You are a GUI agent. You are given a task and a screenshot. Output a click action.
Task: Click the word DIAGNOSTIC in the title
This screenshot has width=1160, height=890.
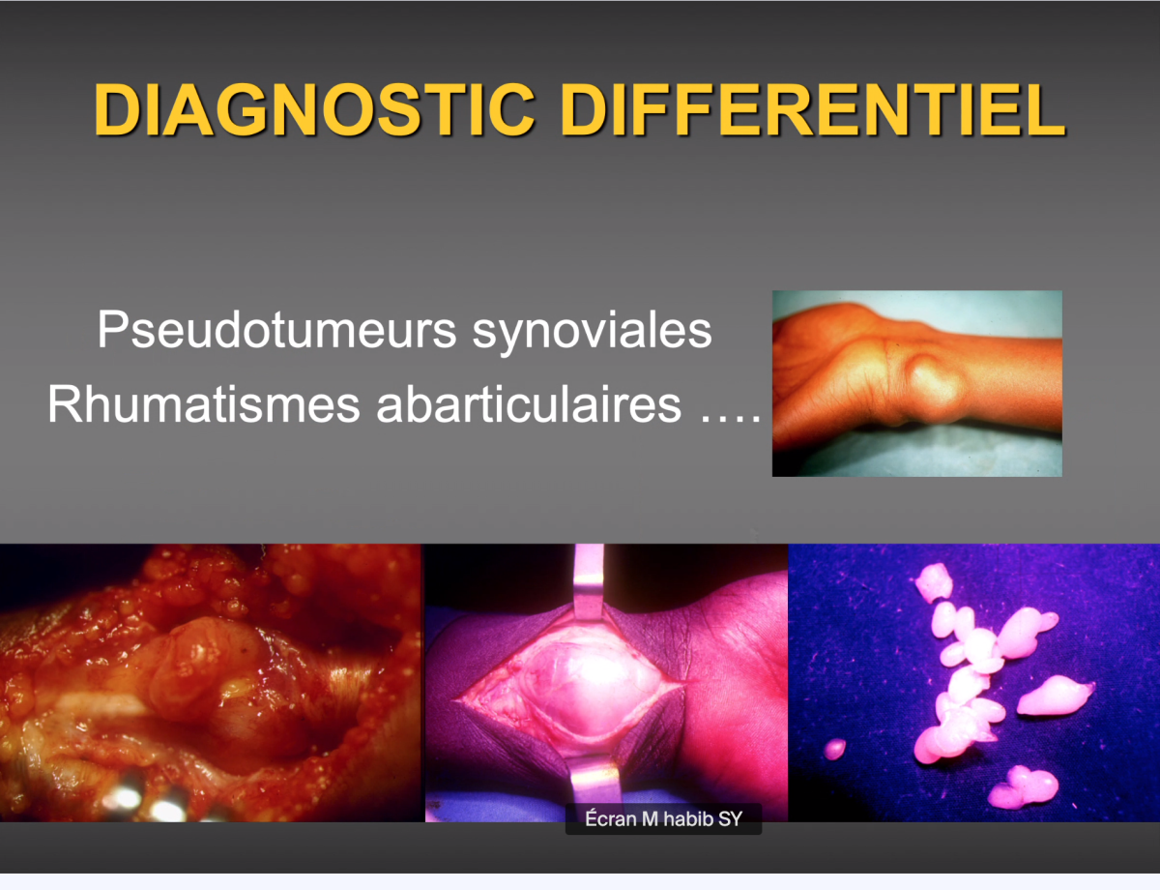[314, 110]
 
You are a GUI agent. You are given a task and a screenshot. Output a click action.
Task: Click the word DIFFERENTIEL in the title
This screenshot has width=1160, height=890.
[812, 110]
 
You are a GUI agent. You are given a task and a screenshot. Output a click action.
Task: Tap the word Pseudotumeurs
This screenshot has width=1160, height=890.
[276, 330]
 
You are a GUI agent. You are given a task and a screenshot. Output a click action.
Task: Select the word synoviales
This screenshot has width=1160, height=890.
[592, 331]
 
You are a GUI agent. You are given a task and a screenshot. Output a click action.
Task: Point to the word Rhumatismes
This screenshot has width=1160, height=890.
[203, 403]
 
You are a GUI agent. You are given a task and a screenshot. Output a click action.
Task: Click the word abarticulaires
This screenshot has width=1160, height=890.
[529, 403]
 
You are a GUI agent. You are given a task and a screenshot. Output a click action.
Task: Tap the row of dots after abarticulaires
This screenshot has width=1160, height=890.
[730, 419]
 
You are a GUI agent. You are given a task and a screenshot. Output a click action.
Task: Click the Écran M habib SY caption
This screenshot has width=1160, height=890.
[663, 819]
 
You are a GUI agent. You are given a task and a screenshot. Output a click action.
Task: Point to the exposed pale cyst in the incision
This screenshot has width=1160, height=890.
[576, 689]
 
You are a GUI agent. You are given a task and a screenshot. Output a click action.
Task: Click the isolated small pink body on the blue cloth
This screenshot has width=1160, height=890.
[835, 749]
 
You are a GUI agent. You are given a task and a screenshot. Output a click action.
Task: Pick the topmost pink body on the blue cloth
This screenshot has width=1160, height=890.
[934, 582]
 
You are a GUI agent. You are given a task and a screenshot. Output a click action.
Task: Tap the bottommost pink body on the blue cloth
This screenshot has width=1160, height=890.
[1023, 786]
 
